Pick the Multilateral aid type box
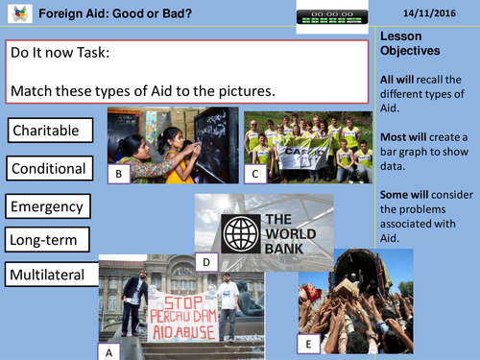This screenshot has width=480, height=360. point(54,276)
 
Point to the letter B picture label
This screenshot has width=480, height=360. point(117,174)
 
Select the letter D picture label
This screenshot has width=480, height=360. point(205,260)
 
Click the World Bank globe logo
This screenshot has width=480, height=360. point(240,231)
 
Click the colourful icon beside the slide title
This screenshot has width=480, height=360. point(12,13)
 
